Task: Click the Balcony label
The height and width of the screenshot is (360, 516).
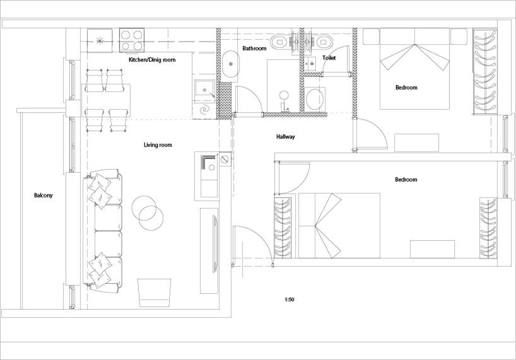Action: (x=43, y=195)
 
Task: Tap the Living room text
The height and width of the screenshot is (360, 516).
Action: (x=158, y=145)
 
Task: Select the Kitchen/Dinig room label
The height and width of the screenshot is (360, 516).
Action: (x=151, y=60)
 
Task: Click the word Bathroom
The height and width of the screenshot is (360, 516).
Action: (x=254, y=49)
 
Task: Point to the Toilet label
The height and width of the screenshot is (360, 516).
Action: (x=329, y=58)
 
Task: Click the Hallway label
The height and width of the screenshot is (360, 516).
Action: (x=285, y=137)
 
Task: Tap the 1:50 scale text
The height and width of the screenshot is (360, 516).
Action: (x=290, y=299)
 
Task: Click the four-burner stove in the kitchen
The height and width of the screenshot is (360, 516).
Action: (x=132, y=40)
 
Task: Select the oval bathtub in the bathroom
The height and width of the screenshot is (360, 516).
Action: (x=230, y=66)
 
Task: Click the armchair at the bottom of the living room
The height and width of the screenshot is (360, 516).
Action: (x=155, y=293)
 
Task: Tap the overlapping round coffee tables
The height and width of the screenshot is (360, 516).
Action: (x=148, y=212)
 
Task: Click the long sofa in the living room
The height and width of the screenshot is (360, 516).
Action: (x=103, y=230)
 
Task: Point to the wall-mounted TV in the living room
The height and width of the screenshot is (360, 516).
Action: (x=214, y=243)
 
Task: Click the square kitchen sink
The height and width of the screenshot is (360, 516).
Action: (x=204, y=90)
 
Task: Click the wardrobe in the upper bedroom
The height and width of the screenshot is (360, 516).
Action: (x=484, y=72)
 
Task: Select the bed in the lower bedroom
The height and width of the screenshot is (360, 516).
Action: (x=339, y=226)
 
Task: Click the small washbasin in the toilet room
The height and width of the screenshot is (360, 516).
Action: (x=310, y=63)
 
